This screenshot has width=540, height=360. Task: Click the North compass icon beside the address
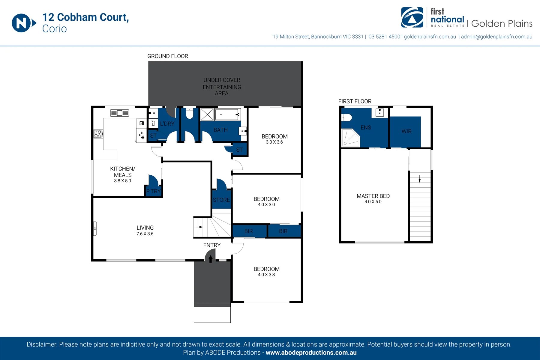24,23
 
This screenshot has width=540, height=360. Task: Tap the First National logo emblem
412,17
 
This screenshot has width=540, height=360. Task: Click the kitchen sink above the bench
120,113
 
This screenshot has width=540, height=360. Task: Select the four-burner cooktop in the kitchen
98,134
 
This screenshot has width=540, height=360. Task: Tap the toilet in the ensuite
347,118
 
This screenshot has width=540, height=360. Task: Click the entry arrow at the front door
211,259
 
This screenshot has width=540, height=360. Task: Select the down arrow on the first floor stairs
420,178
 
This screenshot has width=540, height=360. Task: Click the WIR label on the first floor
406,131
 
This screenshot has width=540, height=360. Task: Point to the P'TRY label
154,191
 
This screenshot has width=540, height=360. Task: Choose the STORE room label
221,200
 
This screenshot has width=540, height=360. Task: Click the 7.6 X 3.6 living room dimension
145,234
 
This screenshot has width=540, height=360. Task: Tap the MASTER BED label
373,196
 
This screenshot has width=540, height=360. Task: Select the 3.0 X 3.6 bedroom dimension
274,142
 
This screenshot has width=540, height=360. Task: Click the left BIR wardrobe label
249,231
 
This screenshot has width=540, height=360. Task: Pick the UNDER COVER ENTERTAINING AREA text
222,87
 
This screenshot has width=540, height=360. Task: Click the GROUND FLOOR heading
168,56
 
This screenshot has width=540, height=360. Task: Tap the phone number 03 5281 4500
384,37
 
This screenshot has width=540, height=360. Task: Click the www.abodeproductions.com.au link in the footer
311,353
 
